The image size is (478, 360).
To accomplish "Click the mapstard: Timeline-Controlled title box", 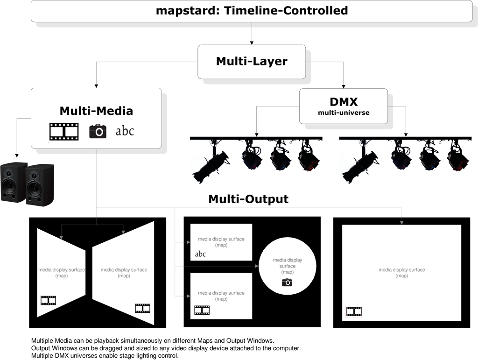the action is coord(252,11).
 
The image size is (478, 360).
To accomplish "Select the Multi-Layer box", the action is coord(252,62).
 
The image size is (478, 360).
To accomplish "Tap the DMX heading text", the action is coord(344,102).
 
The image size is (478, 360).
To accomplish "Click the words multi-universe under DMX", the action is coord(344,113).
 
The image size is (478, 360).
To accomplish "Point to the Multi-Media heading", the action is coord(96,111).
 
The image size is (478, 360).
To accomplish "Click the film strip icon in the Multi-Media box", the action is coord(64,132).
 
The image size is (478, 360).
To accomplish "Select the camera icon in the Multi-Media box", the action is coord(98,131).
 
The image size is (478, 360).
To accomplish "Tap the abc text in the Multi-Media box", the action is coord(125,131).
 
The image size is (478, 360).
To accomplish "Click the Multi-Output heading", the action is coord(248,199).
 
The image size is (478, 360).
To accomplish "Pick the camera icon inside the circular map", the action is coord(287,282).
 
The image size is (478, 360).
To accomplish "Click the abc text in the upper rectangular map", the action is coord(200,254).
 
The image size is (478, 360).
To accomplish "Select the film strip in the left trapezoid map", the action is coord(49,301).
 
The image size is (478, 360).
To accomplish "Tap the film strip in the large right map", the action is coord(354,311).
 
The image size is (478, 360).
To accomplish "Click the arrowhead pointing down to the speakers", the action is coord(17,155).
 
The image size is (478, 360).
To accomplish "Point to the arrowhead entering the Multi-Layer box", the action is coord(252,43).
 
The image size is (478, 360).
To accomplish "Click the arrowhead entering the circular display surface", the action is coord(257,266).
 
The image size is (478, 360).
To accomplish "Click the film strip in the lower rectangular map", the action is coord(202,311).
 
